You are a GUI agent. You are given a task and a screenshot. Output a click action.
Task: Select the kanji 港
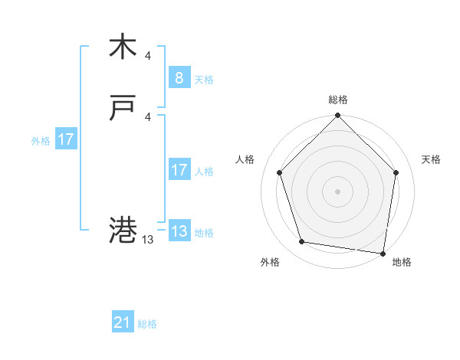pos(123,229)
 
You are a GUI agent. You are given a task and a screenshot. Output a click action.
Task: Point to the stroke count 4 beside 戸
pos(148,116)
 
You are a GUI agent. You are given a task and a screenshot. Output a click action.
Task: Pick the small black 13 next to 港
pos(148,239)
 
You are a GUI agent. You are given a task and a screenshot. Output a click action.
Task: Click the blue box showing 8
pos(179,78)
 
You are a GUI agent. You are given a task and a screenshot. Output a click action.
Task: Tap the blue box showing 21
pos(123,322)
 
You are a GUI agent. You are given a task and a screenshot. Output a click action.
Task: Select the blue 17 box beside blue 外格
pos(66,139)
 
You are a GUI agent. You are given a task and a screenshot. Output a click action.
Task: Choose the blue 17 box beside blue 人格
pos(179,170)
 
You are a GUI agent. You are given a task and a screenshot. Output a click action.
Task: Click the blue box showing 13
pos(179,231)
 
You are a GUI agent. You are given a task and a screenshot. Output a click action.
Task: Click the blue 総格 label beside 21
pos(147,324)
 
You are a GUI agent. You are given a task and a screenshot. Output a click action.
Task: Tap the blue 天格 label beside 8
pos(204,80)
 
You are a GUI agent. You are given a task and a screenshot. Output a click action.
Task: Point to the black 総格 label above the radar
pos(338,100)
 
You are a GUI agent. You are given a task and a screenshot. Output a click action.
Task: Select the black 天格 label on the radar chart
pos(431,159)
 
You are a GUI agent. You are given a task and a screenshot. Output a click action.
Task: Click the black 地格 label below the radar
pos(402,263)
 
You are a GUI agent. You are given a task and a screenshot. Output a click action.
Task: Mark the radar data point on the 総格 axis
pos(338,116)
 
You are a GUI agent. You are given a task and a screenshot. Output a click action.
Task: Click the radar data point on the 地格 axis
pos(383,253)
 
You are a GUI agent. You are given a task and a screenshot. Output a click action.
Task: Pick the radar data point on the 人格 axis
pos(280,172)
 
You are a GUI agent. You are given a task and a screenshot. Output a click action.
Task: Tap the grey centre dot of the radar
pos(338,191)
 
